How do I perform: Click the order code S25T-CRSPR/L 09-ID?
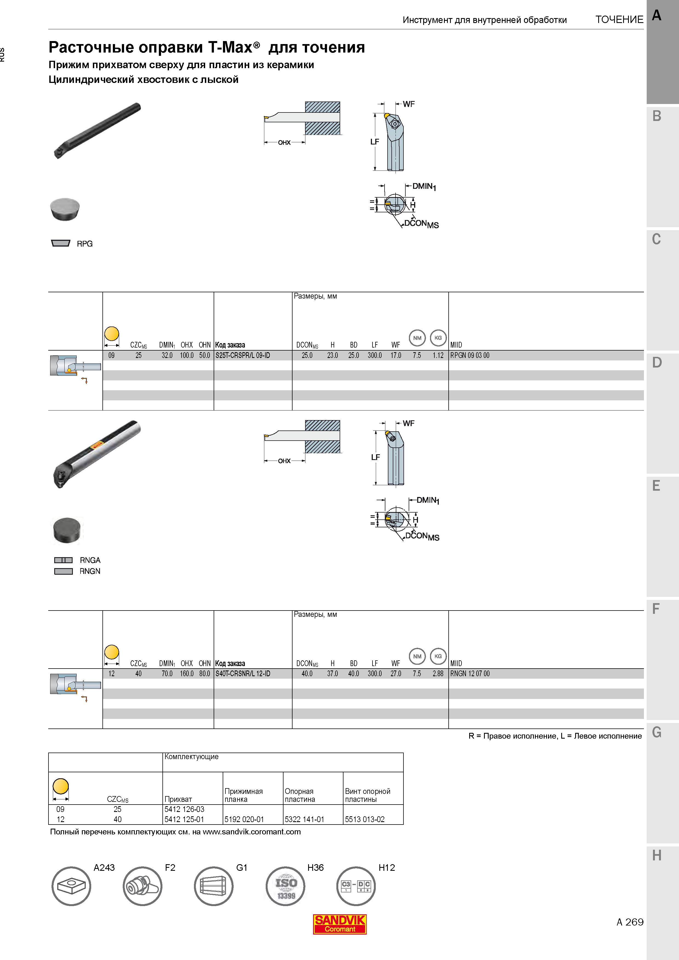243,355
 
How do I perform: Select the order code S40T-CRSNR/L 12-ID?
243,673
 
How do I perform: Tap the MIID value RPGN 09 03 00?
469,355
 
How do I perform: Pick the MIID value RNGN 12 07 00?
470,673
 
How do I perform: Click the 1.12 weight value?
438,355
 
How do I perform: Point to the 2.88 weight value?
438,673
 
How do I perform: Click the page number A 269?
630,922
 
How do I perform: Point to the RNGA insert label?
90,560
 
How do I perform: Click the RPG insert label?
85,244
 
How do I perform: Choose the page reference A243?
104,868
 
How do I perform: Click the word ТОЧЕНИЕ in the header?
620,20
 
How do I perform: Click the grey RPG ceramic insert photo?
65,209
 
